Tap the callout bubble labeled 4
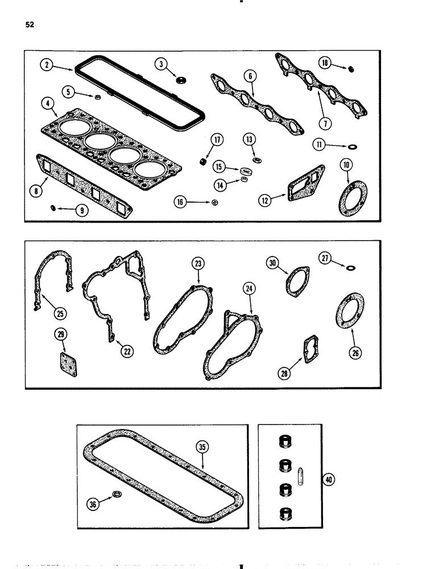tap(47, 104)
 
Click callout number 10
tap(346, 165)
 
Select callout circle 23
tap(198, 263)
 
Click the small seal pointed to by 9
tap(52, 209)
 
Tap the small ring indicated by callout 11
tap(354, 146)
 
